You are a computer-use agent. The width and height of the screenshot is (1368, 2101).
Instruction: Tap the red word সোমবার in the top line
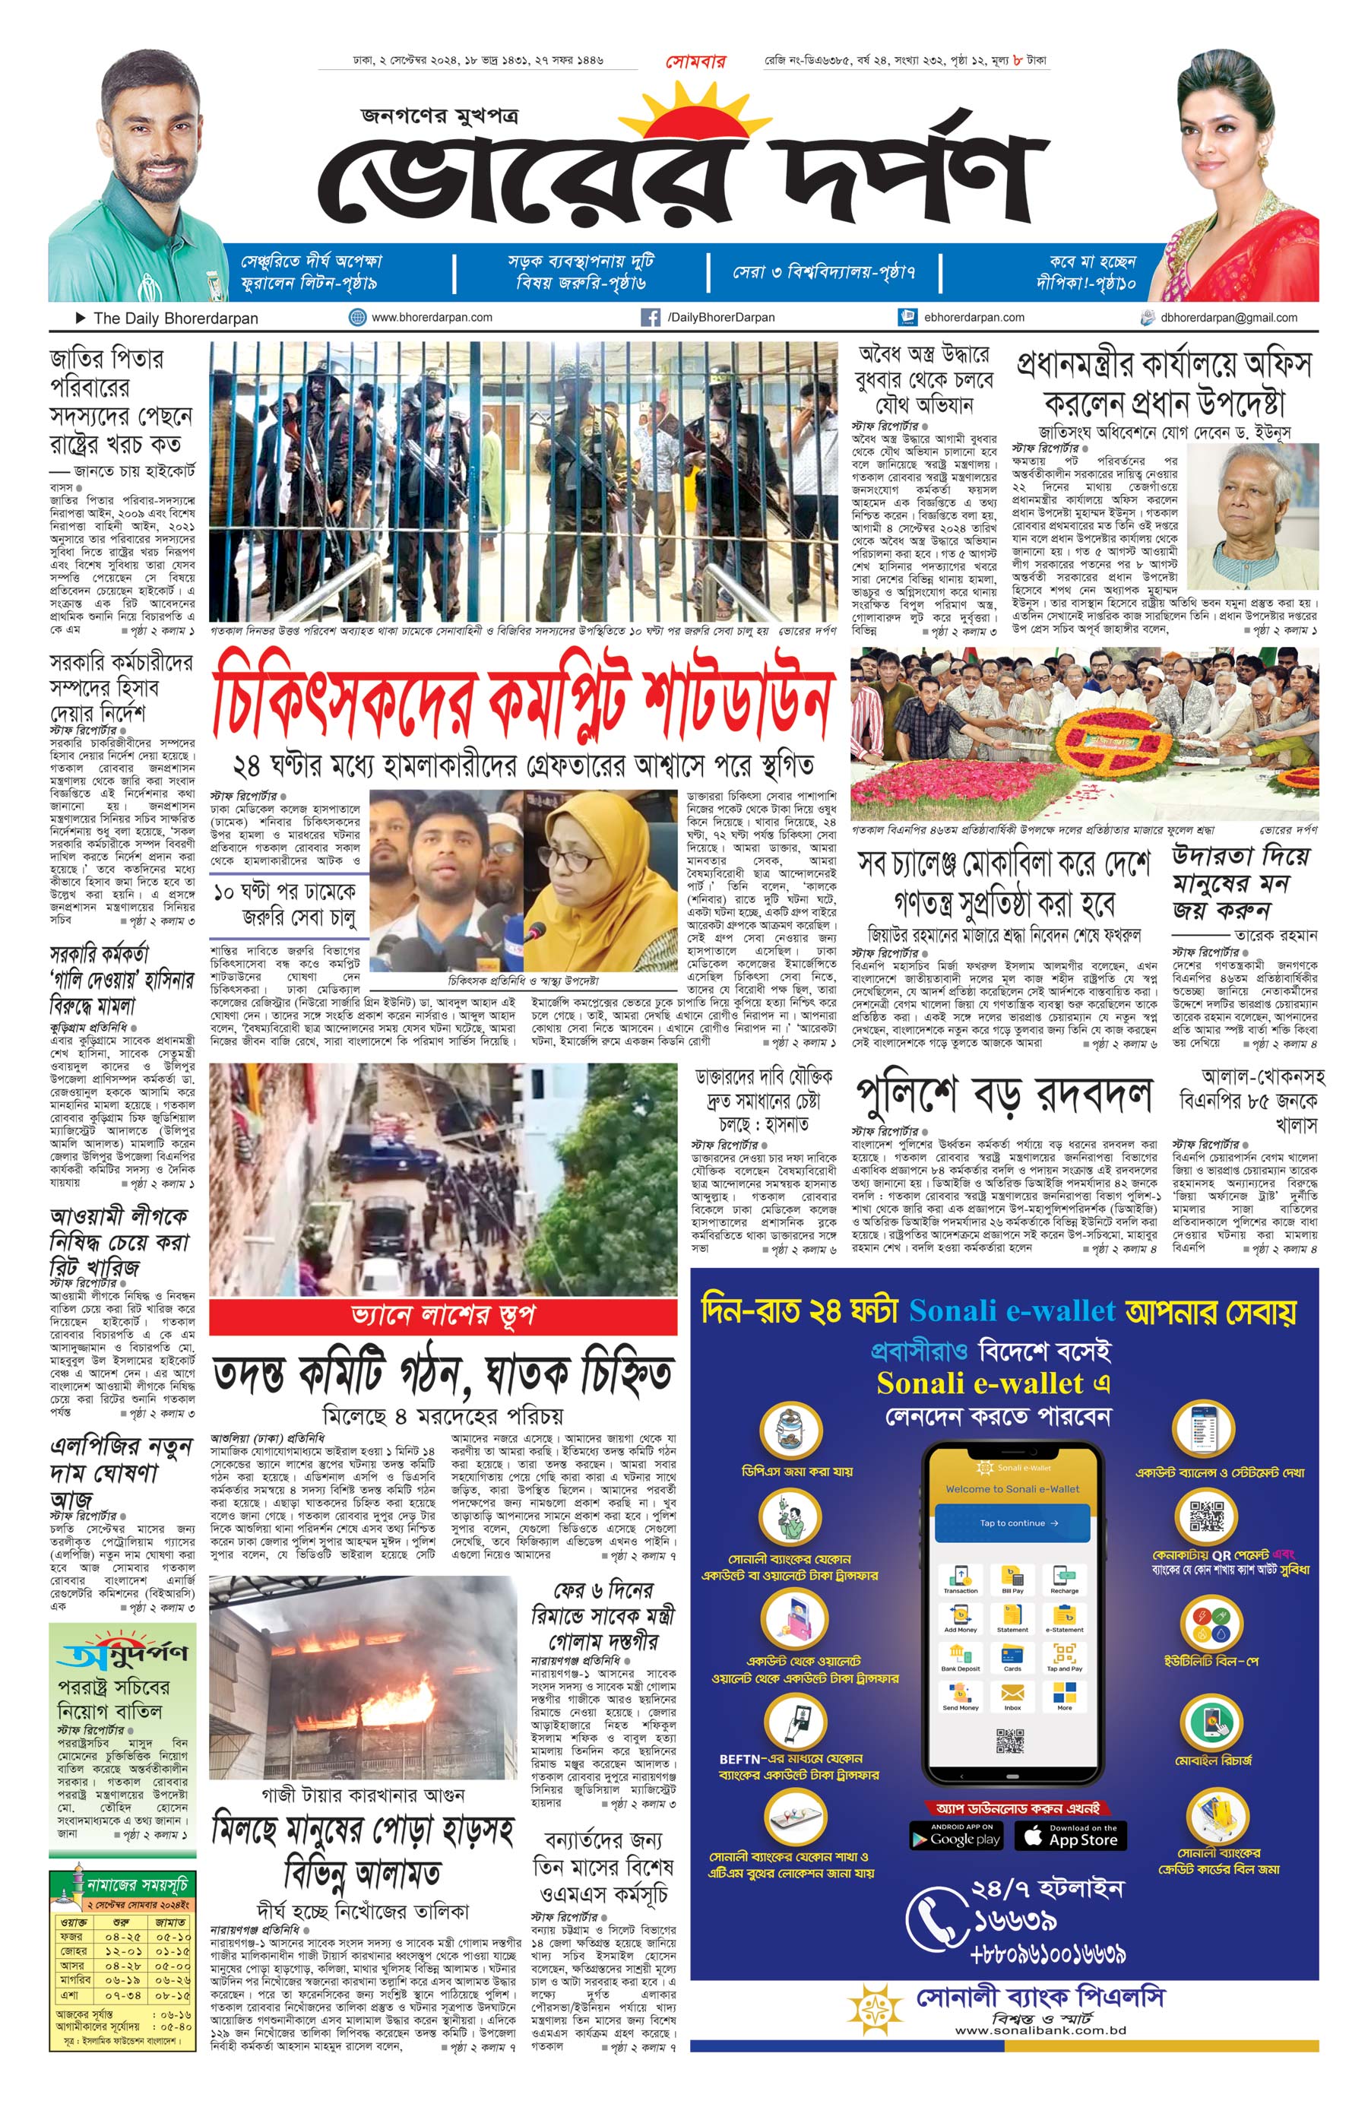[x=695, y=62]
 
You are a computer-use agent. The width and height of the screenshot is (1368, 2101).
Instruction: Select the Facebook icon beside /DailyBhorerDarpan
[x=650, y=318]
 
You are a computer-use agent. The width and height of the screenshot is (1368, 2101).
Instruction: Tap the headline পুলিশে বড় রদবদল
[x=1003, y=1095]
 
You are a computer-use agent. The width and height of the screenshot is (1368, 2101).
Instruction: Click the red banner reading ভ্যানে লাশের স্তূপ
[x=442, y=1317]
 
